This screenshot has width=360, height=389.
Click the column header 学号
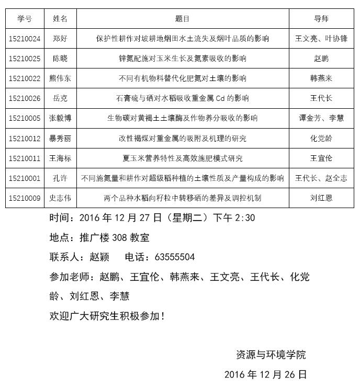(25, 19)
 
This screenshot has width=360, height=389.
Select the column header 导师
(321, 19)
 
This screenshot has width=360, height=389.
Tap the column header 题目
(183, 19)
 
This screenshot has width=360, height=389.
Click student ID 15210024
(25, 39)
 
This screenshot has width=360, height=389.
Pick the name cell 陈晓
(60, 59)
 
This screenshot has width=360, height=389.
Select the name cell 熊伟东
(60, 78)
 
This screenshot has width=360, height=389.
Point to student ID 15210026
(25, 98)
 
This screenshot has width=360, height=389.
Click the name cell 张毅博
(60, 118)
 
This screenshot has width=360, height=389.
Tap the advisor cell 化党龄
(321, 139)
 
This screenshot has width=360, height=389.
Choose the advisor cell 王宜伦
(321, 158)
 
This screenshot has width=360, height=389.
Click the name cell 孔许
(60, 178)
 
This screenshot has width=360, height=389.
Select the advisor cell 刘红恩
(321, 198)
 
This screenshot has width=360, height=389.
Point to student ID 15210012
(25, 139)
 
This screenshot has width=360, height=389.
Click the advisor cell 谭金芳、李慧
(321, 118)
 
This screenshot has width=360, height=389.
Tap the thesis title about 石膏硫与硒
(183, 98)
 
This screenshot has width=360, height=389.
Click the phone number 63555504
(175, 257)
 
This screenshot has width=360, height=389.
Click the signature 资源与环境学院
(271, 355)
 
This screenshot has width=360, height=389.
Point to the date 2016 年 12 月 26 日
(265, 375)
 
